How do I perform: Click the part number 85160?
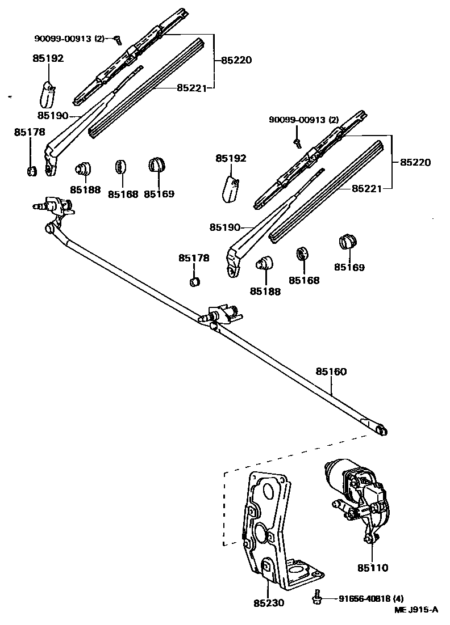pos(331,371)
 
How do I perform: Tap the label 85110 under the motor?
pos(373,568)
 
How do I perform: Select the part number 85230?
pos(269,603)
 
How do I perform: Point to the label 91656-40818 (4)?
pos(372,598)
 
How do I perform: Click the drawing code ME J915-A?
pos(416,610)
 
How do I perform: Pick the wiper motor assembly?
pos(357,499)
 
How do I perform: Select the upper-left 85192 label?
pos(48,58)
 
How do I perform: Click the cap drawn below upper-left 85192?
pos(48,95)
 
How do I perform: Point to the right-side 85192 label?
pos(231,158)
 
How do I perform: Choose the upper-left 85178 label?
pos(30,132)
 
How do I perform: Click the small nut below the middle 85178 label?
pos(194,281)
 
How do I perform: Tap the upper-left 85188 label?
pos(85,190)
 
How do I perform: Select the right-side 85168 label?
pos(304,280)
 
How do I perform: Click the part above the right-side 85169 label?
pos(348,241)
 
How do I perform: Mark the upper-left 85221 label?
pos(192,88)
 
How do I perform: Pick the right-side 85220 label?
pos(416,162)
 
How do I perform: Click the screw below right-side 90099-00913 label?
pos(297,143)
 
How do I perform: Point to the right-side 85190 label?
pos(225,227)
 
